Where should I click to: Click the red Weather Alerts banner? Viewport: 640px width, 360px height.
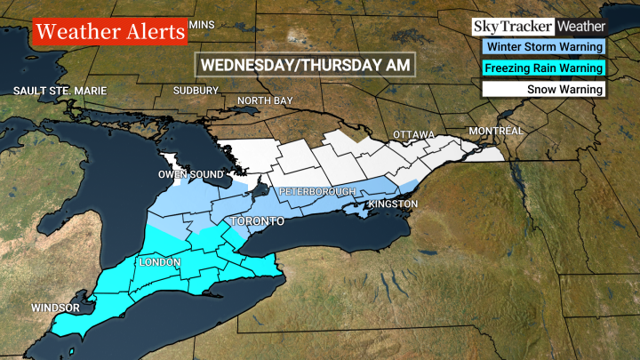coord(111,33)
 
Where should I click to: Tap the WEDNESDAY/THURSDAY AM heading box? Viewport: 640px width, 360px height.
coord(305,65)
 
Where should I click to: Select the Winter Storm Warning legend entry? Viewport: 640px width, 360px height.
coord(543,47)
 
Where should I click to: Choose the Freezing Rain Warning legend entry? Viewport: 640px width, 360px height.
coord(543,68)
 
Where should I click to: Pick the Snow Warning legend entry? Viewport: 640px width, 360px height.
coord(543,89)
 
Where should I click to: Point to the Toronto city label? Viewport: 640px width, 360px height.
coord(257,220)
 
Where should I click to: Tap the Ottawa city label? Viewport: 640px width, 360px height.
coord(413,135)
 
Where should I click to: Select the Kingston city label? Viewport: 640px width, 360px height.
coord(391,204)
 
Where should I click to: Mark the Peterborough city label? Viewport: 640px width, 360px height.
coord(317,192)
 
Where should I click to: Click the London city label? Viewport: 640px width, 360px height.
coord(159,263)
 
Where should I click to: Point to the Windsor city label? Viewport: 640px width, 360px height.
coord(55,308)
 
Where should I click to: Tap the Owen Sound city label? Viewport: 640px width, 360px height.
coord(189,174)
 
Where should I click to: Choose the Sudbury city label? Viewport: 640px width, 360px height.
coord(196,91)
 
